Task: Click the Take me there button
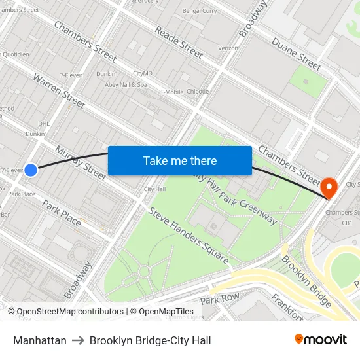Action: [x=180, y=160]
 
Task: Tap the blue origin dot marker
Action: [x=30, y=170]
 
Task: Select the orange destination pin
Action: [x=329, y=188]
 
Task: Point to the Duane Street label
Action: [x=296, y=52]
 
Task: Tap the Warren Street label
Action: [x=59, y=91]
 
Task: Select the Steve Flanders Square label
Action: [x=189, y=236]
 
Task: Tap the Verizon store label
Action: [x=228, y=48]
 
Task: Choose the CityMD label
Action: [x=142, y=73]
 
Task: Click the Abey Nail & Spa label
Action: [x=125, y=84]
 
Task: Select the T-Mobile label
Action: [x=171, y=92]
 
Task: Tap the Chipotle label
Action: [x=198, y=92]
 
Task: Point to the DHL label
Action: [x=45, y=123]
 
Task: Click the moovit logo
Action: [x=321, y=340]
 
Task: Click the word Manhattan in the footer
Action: [x=39, y=340]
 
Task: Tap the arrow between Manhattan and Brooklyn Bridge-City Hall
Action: [x=78, y=340]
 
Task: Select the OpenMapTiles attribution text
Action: [x=166, y=312]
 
